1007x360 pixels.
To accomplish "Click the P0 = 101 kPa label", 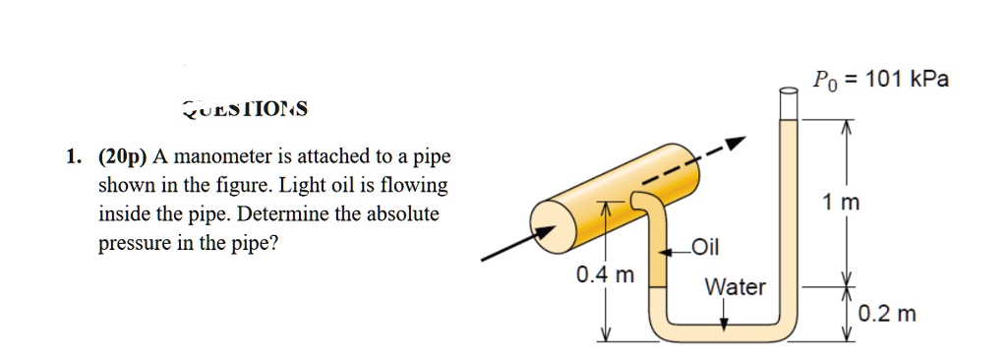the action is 880,80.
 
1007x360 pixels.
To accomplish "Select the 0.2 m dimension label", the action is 886,315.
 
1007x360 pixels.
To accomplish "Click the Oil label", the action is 706,246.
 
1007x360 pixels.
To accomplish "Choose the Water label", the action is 735,287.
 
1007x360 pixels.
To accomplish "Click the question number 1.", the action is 72,156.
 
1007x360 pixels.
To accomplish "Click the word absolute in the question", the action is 404,213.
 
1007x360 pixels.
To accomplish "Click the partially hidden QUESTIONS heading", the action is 245,108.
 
